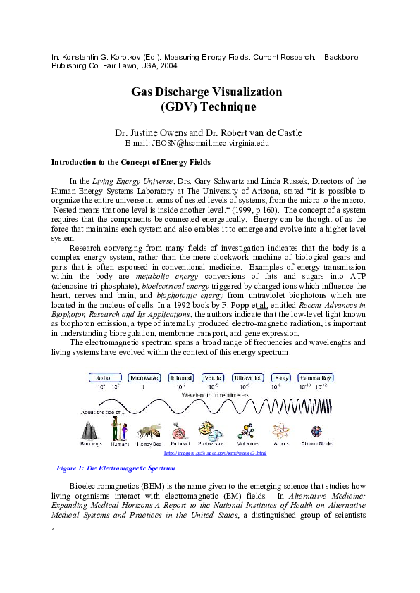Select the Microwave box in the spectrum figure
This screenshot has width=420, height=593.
click(x=144, y=377)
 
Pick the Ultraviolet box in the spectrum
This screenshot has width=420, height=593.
click(x=248, y=377)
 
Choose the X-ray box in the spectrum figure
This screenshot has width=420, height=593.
click(x=281, y=377)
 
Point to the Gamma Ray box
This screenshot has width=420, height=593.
click(x=315, y=377)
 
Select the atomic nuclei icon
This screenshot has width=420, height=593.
click(x=318, y=430)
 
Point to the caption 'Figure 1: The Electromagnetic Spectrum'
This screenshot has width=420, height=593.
click(x=115, y=468)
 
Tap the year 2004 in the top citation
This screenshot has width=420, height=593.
click(x=170, y=65)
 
